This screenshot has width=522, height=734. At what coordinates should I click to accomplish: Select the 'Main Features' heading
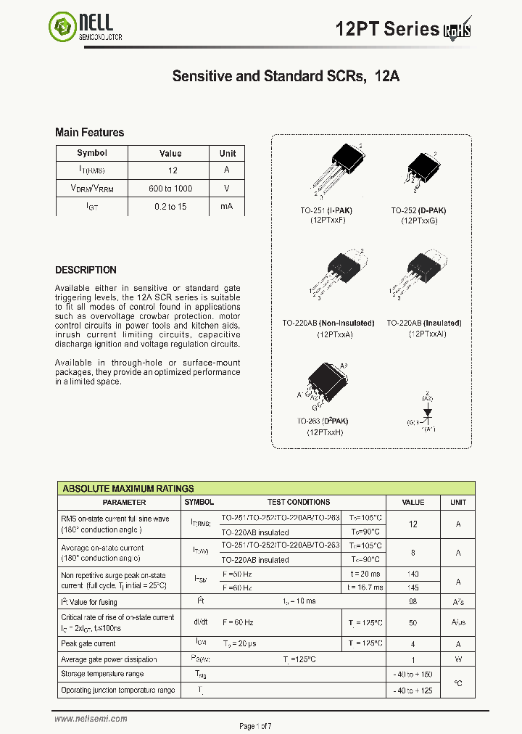(x=90, y=133)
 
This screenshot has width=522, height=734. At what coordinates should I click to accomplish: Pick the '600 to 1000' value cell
(x=170, y=189)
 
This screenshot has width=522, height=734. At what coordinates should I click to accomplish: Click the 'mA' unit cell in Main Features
(x=227, y=207)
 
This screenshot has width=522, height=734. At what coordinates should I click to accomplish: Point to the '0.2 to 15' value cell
(x=170, y=207)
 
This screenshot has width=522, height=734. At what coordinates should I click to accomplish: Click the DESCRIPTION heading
(x=86, y=270)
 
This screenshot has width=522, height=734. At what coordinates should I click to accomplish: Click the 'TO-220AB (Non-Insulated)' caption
(x=328, y=323)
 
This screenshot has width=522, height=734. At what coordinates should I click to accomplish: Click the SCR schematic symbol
(x=427, y=411)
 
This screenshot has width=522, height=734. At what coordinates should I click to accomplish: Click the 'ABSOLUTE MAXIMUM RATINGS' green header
(x=128, y=489)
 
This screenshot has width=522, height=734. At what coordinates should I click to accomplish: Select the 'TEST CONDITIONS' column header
(x=299, y=502)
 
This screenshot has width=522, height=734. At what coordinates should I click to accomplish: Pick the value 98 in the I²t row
(x=413, y=602)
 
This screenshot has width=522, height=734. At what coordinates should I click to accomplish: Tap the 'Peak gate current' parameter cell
(x=88, y=643)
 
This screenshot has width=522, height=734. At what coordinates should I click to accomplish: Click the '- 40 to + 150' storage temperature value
(x=413, y=675)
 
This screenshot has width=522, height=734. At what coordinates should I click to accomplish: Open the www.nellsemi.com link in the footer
(x=91, y=719)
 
